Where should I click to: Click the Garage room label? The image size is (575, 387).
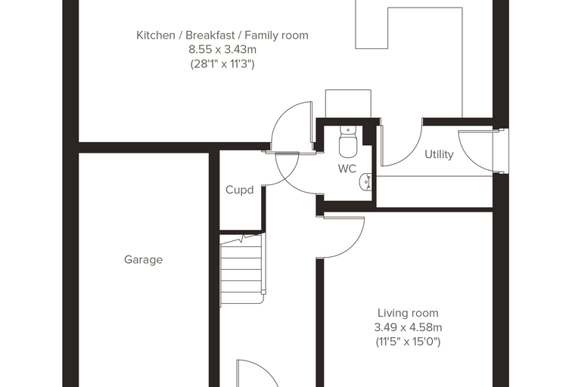click(x=144, y=260)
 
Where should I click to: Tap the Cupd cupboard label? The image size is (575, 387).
click(x=240, y=190)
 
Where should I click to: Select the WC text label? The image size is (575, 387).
click(x=347, y=169)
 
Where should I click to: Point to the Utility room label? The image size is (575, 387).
click(x=439, y=154)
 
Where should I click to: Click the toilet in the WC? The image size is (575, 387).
click(x=348, y=141)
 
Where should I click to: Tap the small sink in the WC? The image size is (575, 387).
click(x=366, y=182)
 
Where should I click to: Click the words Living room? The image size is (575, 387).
click(x=408, y=313)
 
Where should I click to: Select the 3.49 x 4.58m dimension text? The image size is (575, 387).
click(x=408, y=327)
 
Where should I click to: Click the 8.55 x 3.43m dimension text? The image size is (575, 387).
click(x=222, y=49)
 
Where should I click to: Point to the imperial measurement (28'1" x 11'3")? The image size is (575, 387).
click(x=222, y=64)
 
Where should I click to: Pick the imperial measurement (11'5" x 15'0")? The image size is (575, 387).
click(x=408, y=342)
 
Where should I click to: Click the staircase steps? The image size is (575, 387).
click(x=242, y=269)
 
